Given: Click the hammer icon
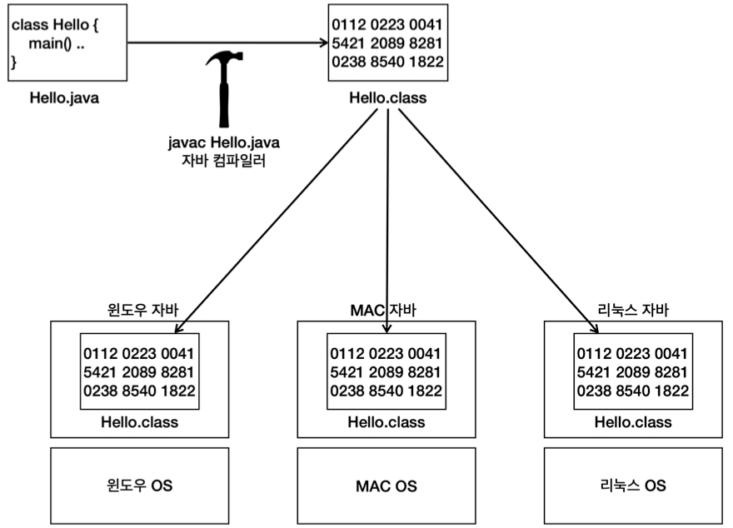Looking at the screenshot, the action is point(224,89).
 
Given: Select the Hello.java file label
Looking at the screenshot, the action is point(64,97).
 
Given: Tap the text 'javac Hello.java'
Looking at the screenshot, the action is point(224,142).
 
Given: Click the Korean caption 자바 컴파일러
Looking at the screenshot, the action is point(223,160).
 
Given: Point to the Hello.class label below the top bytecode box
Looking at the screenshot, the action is point(388,97).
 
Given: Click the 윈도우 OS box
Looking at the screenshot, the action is point(140,486).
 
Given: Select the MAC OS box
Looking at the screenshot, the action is point(386,486).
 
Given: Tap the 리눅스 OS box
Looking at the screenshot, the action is point(633,486).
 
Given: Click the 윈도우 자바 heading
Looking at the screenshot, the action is point(142,310).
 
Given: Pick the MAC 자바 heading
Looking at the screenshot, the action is point(383,310).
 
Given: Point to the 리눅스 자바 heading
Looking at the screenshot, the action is point(633,310).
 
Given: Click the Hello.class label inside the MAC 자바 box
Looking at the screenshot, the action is point(386,422).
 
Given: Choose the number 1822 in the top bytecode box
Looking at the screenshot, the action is point(426,62).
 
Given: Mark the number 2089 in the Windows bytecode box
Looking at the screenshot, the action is point(139,372).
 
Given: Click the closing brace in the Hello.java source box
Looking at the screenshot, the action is point(14,62).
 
